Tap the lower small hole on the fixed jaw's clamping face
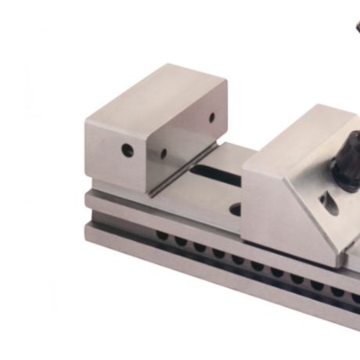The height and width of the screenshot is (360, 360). point(164,154)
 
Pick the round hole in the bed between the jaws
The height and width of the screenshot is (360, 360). point(235,209)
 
